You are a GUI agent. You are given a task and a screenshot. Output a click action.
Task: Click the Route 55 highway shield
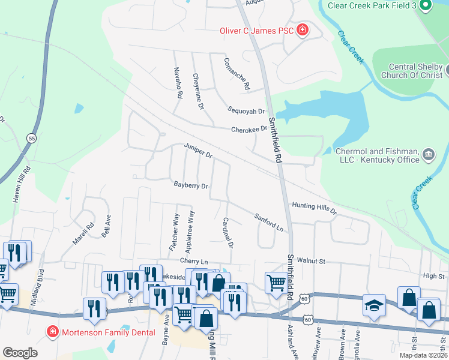click(31, 138)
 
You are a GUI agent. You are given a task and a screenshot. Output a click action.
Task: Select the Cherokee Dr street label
click(250, 129)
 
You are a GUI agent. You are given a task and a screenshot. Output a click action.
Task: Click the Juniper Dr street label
click(198, 151)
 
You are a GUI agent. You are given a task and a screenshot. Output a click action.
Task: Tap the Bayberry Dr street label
click(190, 185)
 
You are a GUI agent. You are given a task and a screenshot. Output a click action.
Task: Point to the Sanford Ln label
click(268, 222)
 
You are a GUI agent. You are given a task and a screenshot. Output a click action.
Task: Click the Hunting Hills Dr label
click(315, 208)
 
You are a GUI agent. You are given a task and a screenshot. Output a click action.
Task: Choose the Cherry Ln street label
click(193, 261)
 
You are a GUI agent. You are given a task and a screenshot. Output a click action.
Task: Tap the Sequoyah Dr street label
click(246, 111)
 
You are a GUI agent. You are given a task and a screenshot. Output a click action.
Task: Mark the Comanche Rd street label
click(236, 74)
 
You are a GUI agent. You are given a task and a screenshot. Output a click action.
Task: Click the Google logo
click(20, 353)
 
